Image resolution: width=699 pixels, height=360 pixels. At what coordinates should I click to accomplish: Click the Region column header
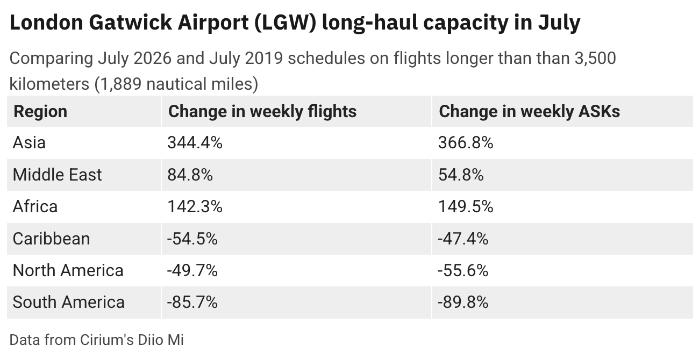(40, 111)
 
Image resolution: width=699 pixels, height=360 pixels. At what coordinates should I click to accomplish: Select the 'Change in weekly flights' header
(262, 111)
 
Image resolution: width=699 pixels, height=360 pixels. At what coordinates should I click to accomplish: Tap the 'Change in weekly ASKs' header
(529, 111)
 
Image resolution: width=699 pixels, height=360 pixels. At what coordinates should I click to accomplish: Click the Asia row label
(29, 143)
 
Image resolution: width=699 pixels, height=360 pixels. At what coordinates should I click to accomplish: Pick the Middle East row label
(57, 175)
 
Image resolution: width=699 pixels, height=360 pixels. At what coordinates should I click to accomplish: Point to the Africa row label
(35, 206)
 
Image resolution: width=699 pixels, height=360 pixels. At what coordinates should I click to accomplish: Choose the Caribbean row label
(51, 239)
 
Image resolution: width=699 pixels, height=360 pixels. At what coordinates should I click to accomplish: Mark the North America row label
(68, 270)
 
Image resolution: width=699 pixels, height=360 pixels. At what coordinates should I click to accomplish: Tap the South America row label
(68, 302)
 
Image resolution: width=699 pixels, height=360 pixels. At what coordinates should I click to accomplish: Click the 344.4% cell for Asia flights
(195, 143)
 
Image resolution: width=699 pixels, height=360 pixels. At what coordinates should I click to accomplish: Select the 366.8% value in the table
(466, 143)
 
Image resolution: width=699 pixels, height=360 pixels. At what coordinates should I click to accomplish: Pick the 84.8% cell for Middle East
(190, 175)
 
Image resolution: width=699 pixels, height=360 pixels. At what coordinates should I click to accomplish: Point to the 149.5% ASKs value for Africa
(466, 206)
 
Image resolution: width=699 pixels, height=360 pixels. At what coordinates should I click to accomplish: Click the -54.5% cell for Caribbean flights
(192, 239)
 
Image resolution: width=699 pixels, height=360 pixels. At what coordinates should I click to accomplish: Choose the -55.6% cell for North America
(463, 270)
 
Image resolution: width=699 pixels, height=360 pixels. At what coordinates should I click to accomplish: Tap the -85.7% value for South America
(192, 302)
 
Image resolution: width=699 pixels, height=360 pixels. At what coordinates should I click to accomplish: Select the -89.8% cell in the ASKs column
(463, 302)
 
